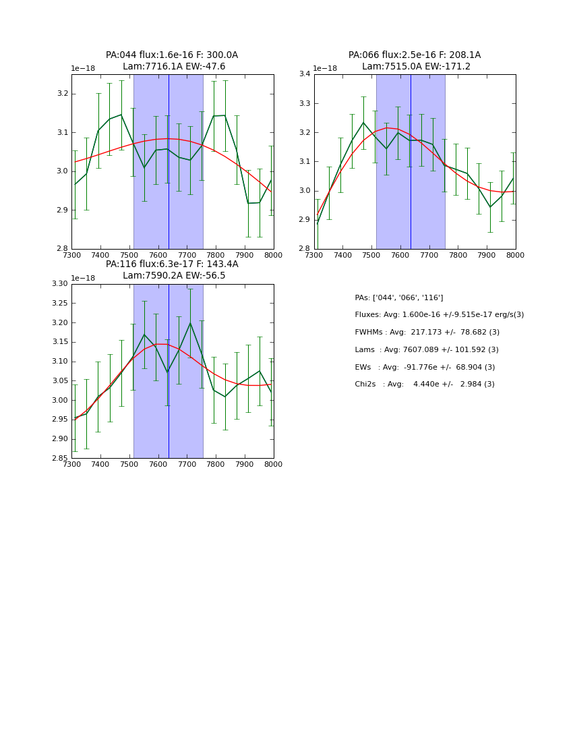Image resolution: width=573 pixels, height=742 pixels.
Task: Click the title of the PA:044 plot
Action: click(172, 61)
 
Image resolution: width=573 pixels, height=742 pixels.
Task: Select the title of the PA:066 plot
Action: click(415, 61)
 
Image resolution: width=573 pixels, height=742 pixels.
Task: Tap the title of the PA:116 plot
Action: click(172, 270)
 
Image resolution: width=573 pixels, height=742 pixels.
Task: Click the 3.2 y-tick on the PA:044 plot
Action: click(62, 93)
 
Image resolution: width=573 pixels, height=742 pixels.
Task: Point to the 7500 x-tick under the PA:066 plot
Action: click(342, 256)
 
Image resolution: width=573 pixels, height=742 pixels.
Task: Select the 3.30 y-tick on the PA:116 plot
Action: click(59, 284)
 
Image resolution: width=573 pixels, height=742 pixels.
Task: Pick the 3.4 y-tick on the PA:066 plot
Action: click(305, 74)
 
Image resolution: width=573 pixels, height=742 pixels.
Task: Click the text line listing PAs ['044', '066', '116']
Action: click(398, 297)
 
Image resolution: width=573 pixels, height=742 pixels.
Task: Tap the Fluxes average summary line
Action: click(439, 315)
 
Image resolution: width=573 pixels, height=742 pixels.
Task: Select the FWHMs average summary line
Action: click(427, 333)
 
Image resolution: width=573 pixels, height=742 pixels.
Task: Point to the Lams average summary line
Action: click(427, 350)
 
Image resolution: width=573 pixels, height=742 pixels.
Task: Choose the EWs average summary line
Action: click(425, 368)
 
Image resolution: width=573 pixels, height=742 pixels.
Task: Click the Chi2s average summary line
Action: click(425, 384)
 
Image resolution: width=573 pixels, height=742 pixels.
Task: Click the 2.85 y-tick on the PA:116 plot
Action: click(59, 459)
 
